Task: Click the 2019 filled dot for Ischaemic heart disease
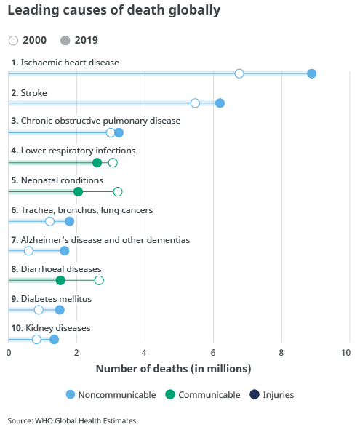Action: pyautogui.click(x=311, y=73)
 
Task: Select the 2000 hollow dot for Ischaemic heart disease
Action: pyautogui.click(x=239, y=73)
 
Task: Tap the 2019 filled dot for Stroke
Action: pyautogui.click(x=220, y=103)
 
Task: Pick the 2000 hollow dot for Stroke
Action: pyautogui.click(x=195, y=103)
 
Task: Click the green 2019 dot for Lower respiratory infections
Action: pyautogui.click(x=97, y=162)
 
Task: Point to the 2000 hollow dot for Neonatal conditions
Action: pyautogui.click(x=118, y=191)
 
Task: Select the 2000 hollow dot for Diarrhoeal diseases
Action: pyautogui.click(x=99, y=280)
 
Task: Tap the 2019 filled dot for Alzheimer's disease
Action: pyautogui.click(x=65, y=251)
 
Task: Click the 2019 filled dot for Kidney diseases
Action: pyautogui.click(x=54, y=339)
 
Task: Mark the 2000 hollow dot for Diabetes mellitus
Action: pyautogui.click(x=39, y=310)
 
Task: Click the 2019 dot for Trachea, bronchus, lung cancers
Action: pyautogui.click(x=70, y=221)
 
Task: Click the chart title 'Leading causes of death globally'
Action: pyautogui.click(x=114, y=12)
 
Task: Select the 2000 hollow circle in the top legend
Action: pyautogui.click(x=14, y=41)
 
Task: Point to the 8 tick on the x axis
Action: pyautogui.click(x=282, y=353)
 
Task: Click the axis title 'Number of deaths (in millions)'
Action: pyautogui.click(x=173, y=369)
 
